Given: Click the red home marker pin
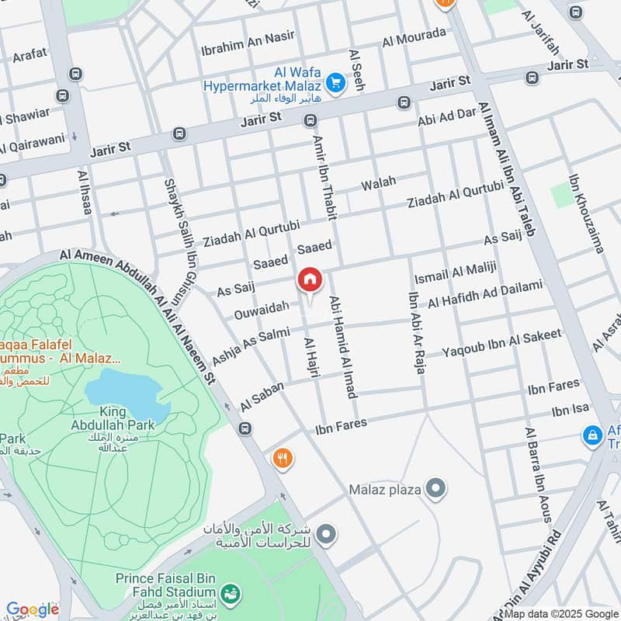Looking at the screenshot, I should (x=309, y=280).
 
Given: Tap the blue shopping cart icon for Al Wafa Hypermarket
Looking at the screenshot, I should (x=335, y=82).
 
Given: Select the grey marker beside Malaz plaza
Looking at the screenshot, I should (x=437, y=489).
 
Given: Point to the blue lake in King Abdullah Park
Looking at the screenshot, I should (x=127, y=392).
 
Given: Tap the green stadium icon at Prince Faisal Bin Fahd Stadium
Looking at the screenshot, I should (x=230, y=595).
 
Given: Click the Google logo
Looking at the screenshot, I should (x=32, y=609).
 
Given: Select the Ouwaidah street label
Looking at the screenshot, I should (x=262, y=310).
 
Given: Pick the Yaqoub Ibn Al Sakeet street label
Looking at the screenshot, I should (x=501, y=344).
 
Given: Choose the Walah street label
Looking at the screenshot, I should (x=379, y=184).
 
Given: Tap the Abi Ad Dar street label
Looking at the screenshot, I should (x=446, y=116).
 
